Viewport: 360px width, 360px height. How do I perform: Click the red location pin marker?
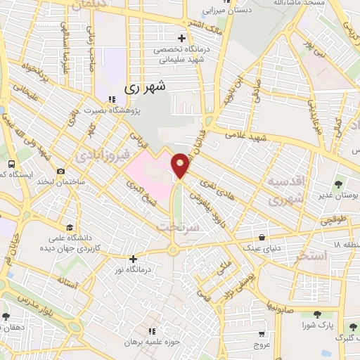pos(181,165)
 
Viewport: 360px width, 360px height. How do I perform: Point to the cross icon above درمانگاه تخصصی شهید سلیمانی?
pos(182,38)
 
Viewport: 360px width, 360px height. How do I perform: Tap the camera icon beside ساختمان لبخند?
pos(61,172)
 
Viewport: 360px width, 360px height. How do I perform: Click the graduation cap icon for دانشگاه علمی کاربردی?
pos(69,227)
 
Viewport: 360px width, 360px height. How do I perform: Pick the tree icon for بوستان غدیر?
pos(339,184)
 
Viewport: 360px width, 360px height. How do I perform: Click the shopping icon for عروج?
pos(262,333)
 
